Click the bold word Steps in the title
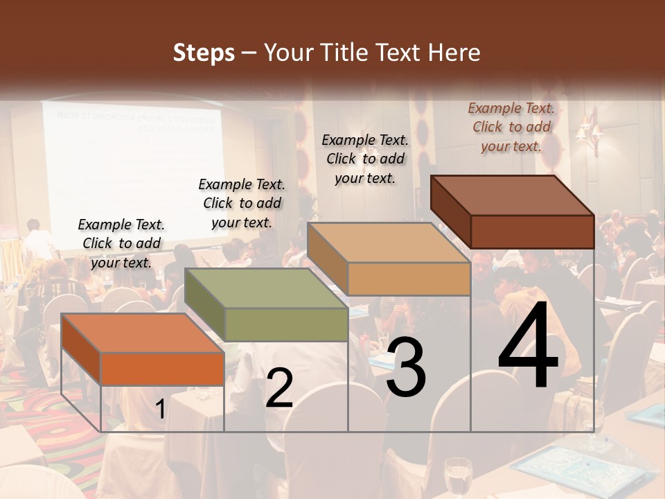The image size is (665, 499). click(204, 53)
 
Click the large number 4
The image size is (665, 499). click(528, 347)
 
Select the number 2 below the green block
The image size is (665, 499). click(279, 388)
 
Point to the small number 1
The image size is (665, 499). click(160, 410)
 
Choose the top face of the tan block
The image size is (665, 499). click(389, 243)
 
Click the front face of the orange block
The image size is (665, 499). click(162, 369)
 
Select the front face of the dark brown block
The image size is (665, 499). click(532, 231)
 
